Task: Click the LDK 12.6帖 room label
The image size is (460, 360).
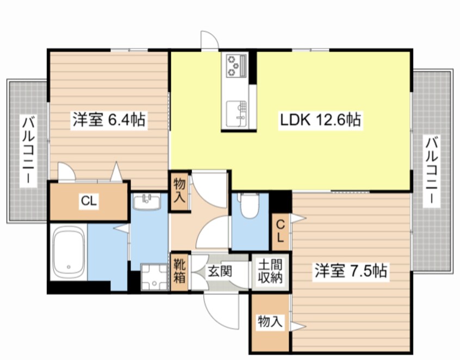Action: point(320,120)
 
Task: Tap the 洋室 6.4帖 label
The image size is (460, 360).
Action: point(109,120)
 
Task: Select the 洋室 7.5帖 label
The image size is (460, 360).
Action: point(351,270)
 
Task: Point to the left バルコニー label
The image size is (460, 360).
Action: point(28,150)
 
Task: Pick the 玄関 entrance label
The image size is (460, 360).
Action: point(220,271)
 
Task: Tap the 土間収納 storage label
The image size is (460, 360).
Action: point(270,271)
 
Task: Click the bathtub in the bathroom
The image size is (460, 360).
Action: point(69,252)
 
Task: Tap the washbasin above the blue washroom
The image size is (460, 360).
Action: point(147,202)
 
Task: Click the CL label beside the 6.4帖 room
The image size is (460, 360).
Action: point(89,201)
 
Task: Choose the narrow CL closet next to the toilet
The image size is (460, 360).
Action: point(281,232)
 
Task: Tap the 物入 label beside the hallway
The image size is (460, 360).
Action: point(179,191)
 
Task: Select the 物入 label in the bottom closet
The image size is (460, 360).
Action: point(270,321)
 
